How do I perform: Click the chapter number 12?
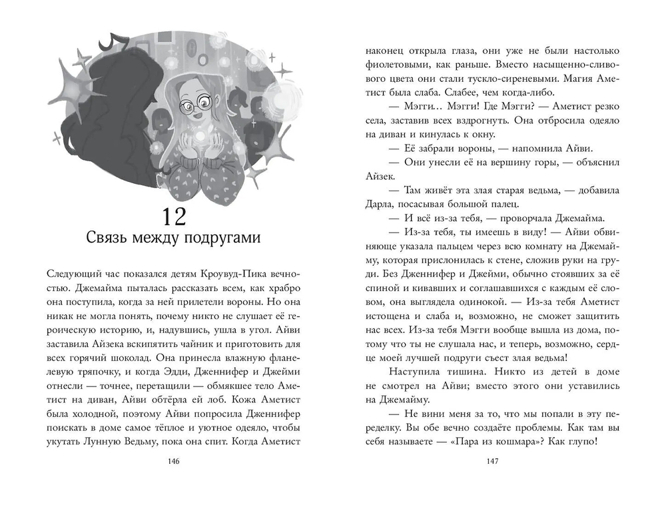point(178,217)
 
